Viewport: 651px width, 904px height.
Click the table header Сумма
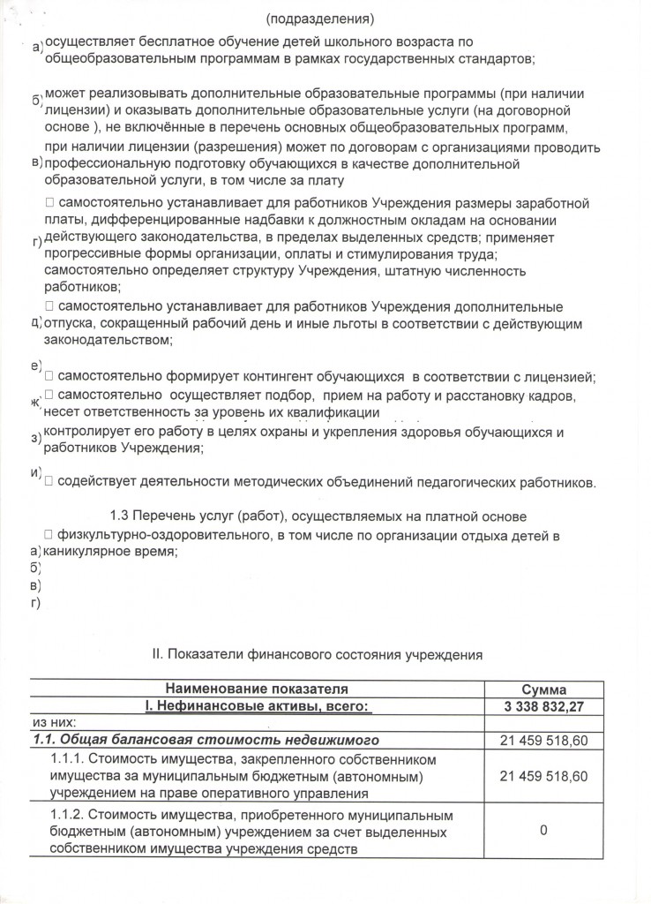coord(544,689)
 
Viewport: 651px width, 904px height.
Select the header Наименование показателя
coord(257,689)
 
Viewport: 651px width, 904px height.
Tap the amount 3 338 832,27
coord(544,705)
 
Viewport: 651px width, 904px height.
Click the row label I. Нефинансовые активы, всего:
coord(257,705)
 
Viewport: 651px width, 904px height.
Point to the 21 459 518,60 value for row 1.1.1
coord(544,775)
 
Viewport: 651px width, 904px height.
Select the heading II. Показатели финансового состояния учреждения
coord(318,656)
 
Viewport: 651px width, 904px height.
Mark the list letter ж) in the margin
coord(36,403)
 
